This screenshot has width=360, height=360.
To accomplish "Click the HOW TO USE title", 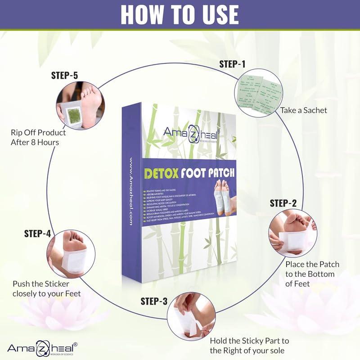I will (x=180, y=15).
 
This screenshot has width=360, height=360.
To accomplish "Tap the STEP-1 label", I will (x=233, y=64).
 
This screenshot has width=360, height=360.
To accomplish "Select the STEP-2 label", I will (x=283, y=202).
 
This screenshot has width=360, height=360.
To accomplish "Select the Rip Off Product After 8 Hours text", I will (x=38, y=137).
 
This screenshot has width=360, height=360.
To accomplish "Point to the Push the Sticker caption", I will (x=47, y=288).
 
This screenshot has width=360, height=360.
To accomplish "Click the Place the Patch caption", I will (x=312, y=273).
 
